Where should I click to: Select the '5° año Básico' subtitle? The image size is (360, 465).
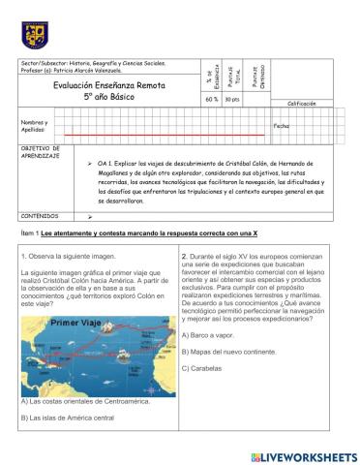click(x=97, y=98)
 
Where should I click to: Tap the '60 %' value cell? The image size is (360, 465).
click(x=212, y=99)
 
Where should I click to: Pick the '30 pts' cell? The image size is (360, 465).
click(x=231, y=99)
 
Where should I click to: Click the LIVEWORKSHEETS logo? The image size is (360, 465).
click(x=302, y=454)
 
